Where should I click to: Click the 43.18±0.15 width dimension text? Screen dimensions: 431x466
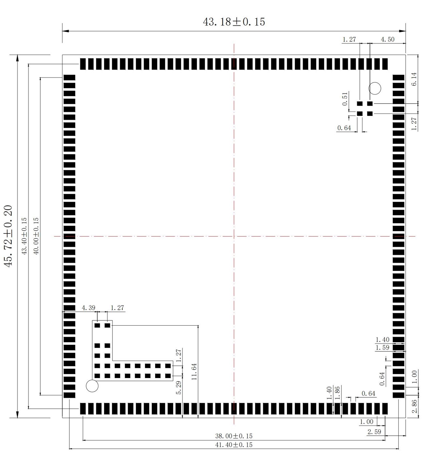click(234, 22)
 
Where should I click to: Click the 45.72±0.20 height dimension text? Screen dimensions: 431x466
click(8, 236)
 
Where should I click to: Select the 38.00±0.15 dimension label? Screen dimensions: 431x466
click(234, 436)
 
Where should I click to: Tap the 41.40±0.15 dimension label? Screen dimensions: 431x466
click(234, 445)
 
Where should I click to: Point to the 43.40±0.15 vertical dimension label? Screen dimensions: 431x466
click(24, 236)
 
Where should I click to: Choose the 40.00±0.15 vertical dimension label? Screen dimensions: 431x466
click(36, 236)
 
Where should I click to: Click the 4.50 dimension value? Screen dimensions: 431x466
click(388, 39)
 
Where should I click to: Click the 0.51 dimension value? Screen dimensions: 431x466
click(345, 99)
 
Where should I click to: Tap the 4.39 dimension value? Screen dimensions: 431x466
click(88, 308)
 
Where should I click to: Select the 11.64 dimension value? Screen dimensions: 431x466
click(194, 372)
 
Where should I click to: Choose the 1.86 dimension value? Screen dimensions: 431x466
click(338, 393)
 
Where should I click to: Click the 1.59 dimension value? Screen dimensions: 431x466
click(382, 347)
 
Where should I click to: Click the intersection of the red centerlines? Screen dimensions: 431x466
click(234, 236)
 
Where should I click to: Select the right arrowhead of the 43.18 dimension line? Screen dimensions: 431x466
click(403, 31)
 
